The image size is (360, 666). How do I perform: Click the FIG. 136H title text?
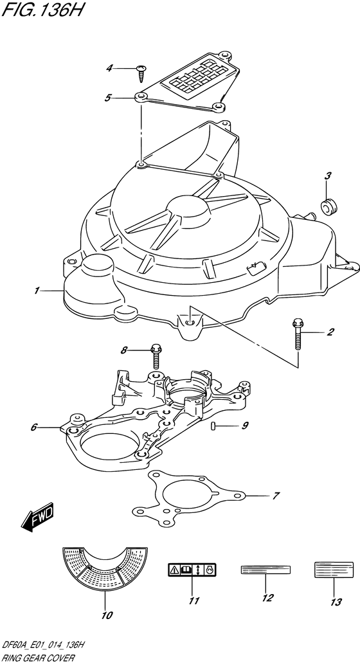40,10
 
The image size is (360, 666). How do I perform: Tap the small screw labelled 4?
141,73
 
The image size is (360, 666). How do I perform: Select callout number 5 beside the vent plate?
108,98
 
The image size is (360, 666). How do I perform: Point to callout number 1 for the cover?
37,291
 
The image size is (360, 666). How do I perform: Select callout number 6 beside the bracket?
34,428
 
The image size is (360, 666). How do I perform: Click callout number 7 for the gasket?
276,495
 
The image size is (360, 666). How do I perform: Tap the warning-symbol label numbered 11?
192,570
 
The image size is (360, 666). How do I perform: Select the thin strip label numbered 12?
265,570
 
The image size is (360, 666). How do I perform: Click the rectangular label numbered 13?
334,569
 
